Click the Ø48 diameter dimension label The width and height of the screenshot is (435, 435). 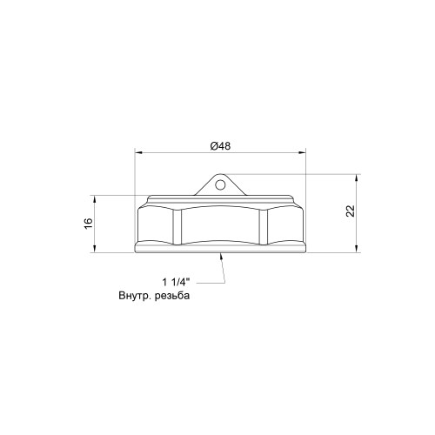pyautogui.click(x=220, y=146)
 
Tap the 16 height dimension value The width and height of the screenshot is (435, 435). pyautogui.click(x=89, y=223)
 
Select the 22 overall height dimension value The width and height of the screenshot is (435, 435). pyautogui.click(x=351, y=211)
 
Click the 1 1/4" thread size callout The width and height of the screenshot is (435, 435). pyautogui.click(x=176, y=282)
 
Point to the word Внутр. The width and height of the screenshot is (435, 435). pyautogui.click(x=135, y=296)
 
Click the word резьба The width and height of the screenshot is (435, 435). pyautogui.click(x=172, y=296)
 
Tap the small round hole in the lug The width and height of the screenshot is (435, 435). pyautogui.click(x=220, y=184)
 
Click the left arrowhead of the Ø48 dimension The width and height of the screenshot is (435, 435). pyautogui.click(x=138, y=152)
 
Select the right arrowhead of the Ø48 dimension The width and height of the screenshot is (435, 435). pyautogui.click(x=303, y=152)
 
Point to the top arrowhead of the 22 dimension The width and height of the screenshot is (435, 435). pyautogui.click(x=357, y=177)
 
